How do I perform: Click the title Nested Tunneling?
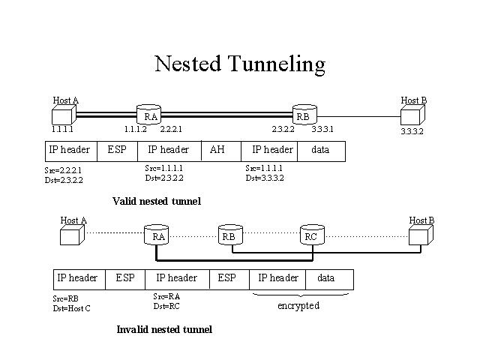pyautogui.click(x=239, y=64)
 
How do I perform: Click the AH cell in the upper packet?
pyautogui.click(x=217, y=150)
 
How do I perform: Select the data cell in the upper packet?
pyautogui.click(x=320, y=150)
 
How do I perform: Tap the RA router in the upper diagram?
pyautogui.click(x=150, y=115)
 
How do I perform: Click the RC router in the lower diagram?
pyautogui.click(x=310, y=235)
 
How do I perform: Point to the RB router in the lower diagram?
pyautogui.click(x=229, y=235)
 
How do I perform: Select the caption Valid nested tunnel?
pyautogui.click(x=156, y=201)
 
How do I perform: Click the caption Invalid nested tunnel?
pyautogui.click(x=164, y=329)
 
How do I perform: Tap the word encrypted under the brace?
pyautogui.click(x=298, y=306)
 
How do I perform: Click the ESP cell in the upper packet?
pyautogui.click(x=117, y=150)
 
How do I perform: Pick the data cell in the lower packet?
pyautogui.click(x=325, y=278)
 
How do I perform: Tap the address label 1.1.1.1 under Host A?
pyautogui.click(x=63, y=130)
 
